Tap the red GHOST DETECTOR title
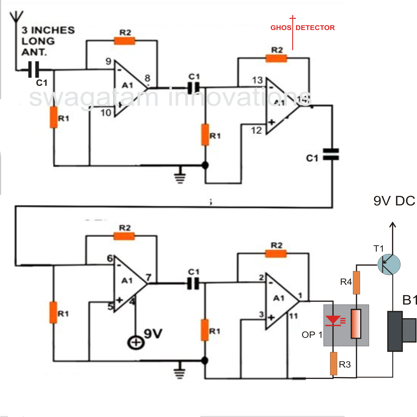302,28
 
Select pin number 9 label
109,61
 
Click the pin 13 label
257,80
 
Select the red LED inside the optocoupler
333,320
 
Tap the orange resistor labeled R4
356,283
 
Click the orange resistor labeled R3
333,363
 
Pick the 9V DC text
394,201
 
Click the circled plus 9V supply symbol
136,343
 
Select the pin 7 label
149,277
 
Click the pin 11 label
293,316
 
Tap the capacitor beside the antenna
34,70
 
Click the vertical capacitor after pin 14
331,154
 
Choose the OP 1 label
312,335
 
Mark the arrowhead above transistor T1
393,225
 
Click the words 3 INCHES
48,30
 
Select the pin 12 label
256,130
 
